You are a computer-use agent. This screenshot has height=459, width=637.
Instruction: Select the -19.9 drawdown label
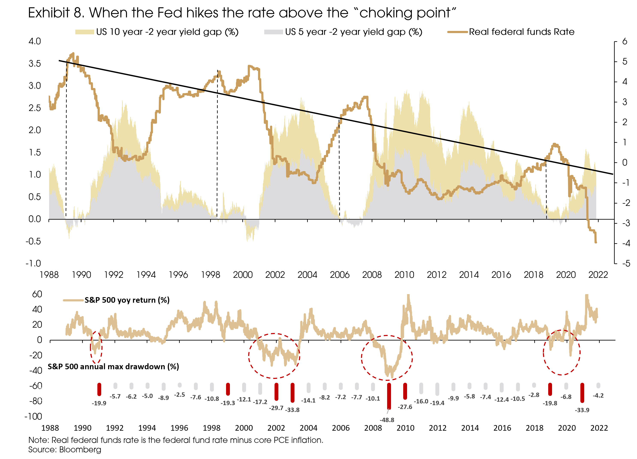(x=99, y=403)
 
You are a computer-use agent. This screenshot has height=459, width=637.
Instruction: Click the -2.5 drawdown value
(x=180, y=395)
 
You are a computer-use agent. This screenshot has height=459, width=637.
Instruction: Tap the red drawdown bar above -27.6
(x=405, y=391)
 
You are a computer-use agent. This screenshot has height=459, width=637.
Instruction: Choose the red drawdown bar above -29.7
(x=276, y=392)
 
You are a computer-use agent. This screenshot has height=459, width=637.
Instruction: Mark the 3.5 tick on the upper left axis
(x=35, y=64)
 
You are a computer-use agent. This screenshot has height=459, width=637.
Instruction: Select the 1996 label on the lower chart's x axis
(x=179, y=428)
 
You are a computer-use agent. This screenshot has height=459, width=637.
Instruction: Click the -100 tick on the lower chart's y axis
(x=33, y=416)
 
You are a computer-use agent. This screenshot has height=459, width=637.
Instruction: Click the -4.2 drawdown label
(x=598, y=396)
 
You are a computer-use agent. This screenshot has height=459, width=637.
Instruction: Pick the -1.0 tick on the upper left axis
(x=33, y=264)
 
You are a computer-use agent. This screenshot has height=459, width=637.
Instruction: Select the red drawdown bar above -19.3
(x=228, y=389)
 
